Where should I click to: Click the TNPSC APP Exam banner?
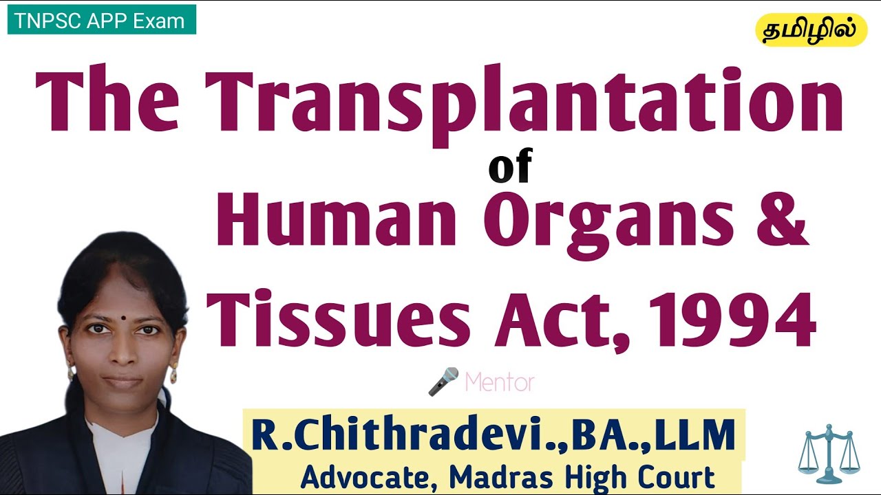pos(101,21)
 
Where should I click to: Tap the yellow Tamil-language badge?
pos(811,30)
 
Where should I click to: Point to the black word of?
pos(510,168)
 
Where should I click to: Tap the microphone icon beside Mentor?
pos(443,381)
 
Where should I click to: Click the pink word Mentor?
pos(499,382)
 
